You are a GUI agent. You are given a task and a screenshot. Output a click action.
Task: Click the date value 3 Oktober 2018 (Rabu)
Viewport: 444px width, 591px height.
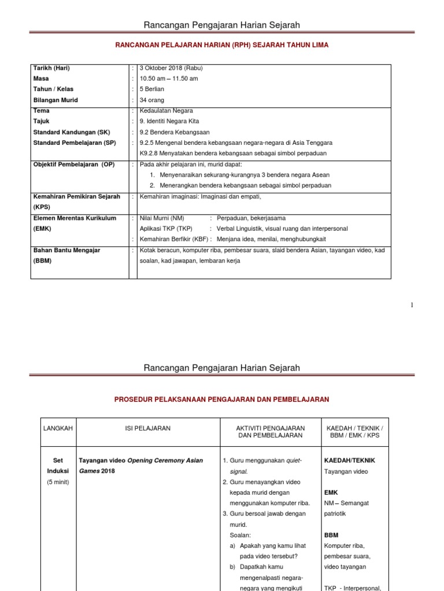click(x=171, y=68)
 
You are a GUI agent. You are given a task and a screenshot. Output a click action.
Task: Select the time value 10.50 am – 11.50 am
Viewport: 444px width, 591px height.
click(x=169, y=78)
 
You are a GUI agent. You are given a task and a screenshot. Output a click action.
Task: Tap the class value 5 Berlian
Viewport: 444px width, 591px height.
click(x=153, y=89)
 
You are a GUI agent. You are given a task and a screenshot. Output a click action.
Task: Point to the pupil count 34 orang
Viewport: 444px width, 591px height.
click(x=152, y=100)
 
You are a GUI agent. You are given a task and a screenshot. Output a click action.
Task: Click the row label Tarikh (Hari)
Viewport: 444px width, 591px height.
click(x=51, y=68)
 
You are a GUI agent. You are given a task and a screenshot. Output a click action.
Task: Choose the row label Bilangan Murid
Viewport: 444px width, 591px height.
click(x=55, y=100)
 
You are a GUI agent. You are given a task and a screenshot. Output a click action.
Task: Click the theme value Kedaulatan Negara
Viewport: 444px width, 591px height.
click(x=166, y=110)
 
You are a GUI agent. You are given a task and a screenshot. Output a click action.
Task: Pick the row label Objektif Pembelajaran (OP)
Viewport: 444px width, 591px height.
click(x=74, y=164)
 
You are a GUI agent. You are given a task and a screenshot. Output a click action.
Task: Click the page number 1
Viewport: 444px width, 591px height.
click(x=412, y=305)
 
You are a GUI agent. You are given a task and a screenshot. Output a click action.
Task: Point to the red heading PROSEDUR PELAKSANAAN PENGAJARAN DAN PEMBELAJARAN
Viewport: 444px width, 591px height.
click(x=222, y=399)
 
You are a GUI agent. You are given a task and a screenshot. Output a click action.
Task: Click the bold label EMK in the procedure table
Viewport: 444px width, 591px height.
click(x=331, y=492)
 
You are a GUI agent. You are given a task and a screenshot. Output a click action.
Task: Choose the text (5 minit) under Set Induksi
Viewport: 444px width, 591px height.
click(x=58, y=482)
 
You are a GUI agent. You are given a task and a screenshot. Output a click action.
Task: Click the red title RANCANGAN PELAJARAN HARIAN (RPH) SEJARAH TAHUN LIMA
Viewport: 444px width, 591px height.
click(x=222, y=45)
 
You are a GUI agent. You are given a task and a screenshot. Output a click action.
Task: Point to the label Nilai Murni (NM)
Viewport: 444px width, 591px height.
click(x=162, y=218)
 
